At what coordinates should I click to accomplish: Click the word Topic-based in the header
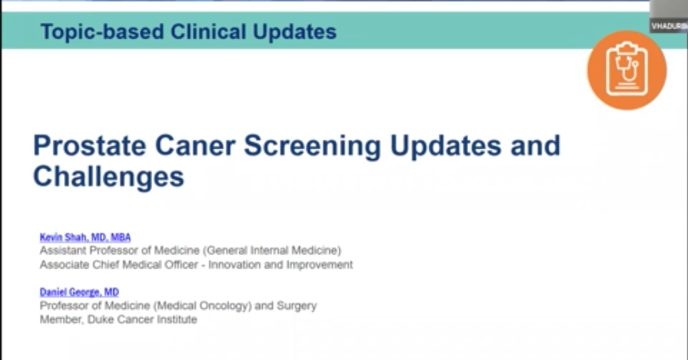tap(102, 32)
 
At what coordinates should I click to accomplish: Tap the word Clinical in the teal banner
tap(209, 31)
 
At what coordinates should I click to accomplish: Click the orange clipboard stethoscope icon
tap(627, 70)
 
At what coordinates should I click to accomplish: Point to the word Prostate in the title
tap(89, 145)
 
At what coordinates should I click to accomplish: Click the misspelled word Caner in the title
tap(195, 145)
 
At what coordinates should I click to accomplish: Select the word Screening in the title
tap(313, 146)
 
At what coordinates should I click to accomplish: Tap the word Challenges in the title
tap(109, 177)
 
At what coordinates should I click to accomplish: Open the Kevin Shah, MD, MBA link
tap(85, 237)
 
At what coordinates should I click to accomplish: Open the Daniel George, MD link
tap(79, 292)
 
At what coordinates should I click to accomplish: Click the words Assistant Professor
tap(89, 250)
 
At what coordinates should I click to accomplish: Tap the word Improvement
tap(319, 265)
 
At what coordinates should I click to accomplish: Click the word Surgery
tap(297, 306)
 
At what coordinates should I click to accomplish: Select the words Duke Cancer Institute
tap(142, 319)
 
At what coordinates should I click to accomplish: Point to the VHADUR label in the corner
tap(669, 27)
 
